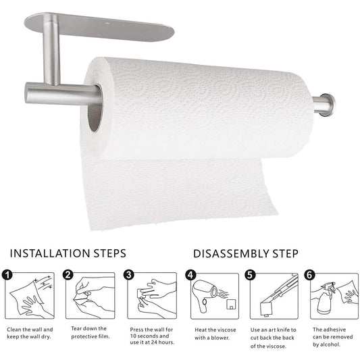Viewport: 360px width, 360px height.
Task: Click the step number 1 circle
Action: click(x=7, y=275)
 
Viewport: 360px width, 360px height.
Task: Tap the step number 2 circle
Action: click(x=68, y=275)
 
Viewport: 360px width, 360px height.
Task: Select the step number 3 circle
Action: click(x=129, y=275)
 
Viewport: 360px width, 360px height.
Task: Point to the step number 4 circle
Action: click(x=190, y=275)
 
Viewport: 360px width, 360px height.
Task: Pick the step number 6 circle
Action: click(x=310, y=275)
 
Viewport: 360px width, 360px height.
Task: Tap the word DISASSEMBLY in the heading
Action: click(x=231, y=254)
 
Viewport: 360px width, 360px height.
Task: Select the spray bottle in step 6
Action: click(x=326, y=301)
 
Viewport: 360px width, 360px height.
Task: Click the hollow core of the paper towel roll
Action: click(x=95, y=108)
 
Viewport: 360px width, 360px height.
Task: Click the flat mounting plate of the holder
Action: click(x=99, y=26)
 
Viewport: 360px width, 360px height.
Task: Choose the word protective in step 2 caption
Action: click(x=82, y=337)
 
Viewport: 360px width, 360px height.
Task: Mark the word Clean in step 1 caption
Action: click(x=14, y=330)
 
